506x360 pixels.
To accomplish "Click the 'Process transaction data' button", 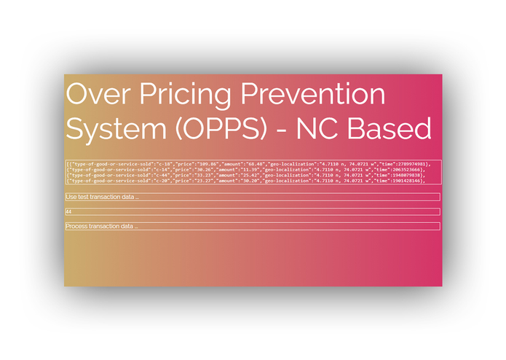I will (252, 227).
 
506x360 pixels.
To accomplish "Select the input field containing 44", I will (252, 212).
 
